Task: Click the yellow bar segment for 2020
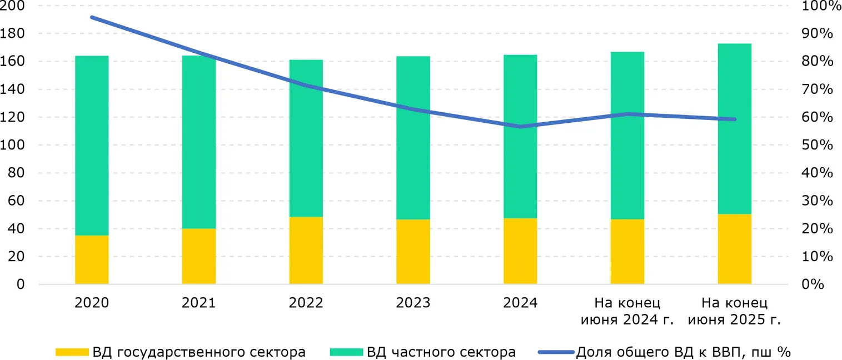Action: coord(92,259)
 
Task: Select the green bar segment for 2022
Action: coord(306,138)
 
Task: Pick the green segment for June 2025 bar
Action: coord(735,128)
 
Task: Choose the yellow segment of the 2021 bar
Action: coord(199,256)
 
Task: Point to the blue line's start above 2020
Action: coord(92,17)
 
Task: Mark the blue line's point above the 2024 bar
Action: coord(520,127)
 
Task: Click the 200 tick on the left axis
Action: coord(13,6)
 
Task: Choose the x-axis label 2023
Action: coord(413,303)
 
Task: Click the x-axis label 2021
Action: coord(199,303)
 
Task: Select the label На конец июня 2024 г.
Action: coord(627,311)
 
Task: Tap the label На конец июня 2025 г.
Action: coord(734,311)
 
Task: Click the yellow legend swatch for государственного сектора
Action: coord(72,352)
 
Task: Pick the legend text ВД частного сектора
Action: coord(441,352)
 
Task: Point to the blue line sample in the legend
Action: coord(555,352)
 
